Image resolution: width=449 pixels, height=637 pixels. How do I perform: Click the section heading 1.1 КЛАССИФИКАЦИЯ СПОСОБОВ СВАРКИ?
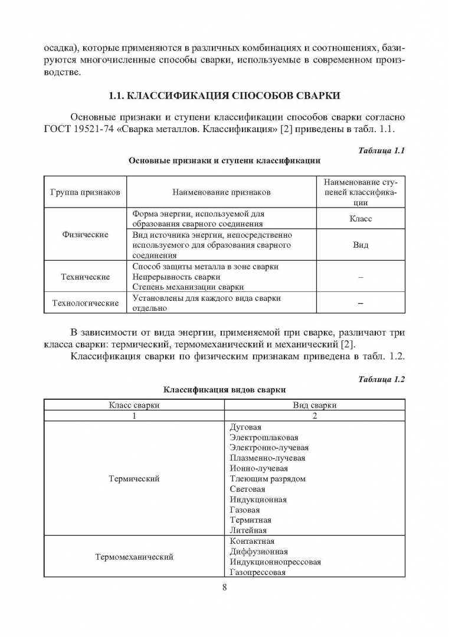click(x=225, y=96)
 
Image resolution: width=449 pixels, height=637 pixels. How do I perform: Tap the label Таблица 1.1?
click(x=381, y=150)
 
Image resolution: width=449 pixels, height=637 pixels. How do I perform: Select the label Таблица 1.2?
click(x=381, y=379)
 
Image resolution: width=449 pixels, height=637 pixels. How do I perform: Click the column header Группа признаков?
click(x=86, y=192)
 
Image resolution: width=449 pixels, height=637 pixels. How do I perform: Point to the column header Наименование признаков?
click(x=221, y=192)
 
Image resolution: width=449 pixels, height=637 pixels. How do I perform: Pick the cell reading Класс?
click(x=360, y=218)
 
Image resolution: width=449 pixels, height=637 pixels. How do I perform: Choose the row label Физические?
click(x=86, y=234)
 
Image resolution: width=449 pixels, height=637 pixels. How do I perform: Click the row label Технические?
click(x=86, y=277)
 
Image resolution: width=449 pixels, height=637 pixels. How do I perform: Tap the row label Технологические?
click(x=86, y=303)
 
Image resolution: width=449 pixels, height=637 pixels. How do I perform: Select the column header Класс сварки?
click(x=134, y=405)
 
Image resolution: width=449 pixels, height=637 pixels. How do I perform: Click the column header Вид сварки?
click(x=314, y=405)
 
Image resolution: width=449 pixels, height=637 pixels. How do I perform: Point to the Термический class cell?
click(x=134, y=479)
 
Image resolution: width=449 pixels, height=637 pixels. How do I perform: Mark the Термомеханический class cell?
click(x=134, y=557)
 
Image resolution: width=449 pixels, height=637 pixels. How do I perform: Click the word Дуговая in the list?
click(x=245, y=427)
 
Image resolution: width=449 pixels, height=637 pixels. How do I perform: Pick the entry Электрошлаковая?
click(x=264, y=438)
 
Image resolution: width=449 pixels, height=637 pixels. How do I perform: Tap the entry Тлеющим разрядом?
click(x=267, y=479)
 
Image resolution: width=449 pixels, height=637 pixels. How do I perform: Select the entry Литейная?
click(x=248, y=531)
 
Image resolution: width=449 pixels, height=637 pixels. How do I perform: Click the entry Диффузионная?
click(x=258, y=551)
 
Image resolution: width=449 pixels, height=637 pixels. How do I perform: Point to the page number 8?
click(x=225, y=587)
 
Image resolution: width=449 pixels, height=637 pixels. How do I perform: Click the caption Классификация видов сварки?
click(x=224, y=390)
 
